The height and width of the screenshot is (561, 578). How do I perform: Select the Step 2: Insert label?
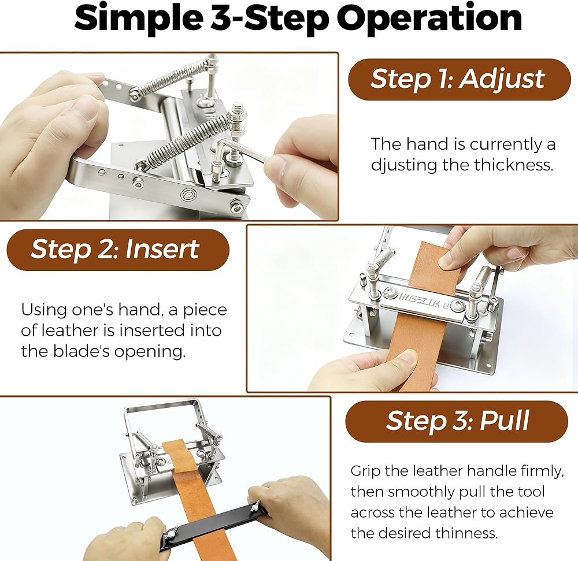click(118, 250)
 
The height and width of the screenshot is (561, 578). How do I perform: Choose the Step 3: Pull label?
click(457, 421)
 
